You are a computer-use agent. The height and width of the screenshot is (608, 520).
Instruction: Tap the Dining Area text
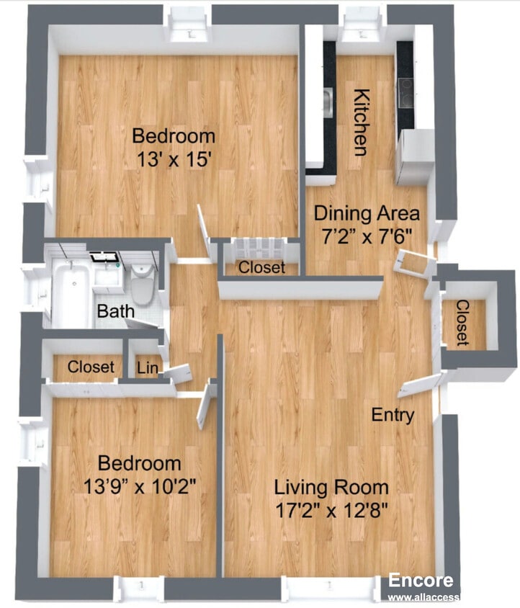tap(366, 213)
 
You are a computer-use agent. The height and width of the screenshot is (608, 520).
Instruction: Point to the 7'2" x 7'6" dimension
tap(366, 236)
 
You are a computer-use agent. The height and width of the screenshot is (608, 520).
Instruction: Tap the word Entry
tap(393, 415)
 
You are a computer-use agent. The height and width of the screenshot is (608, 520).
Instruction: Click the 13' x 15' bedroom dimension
tap(173, 158)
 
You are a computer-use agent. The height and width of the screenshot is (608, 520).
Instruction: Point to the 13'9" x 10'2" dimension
tap(140, 485)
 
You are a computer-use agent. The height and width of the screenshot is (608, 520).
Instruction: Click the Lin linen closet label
tap(145, 367)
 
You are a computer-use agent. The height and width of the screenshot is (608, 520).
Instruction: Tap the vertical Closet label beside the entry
tap(462, 322)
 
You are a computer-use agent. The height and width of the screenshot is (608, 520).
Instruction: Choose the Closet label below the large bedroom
tap(261, 268)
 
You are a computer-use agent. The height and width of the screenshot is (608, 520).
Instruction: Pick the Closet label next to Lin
tap(91, 367)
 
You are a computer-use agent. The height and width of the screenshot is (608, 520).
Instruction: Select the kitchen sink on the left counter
tap(328, 101)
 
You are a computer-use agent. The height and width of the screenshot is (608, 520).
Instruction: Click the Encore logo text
tap(421, 581)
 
